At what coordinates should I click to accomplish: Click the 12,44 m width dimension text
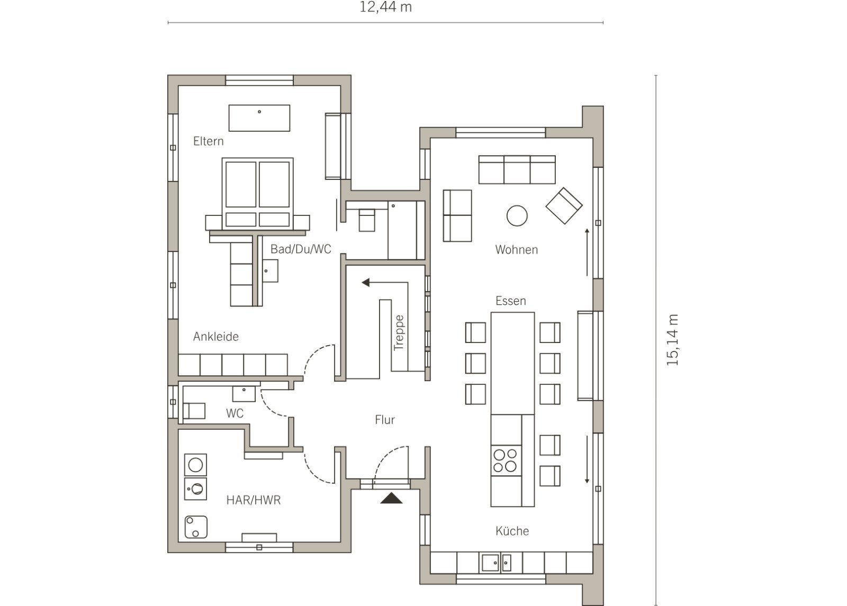pos(385,7)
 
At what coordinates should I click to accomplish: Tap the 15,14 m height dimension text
pos(673,340)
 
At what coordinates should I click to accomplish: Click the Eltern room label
pos(209,141)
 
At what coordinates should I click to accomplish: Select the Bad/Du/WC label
pos(301,249)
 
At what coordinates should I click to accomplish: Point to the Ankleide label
pos(216,337)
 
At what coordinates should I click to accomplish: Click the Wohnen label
pos(517,249)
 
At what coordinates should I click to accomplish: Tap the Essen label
pos(511,301)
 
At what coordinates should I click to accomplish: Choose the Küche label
pos(512,531)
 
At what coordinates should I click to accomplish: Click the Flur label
pos(385,420)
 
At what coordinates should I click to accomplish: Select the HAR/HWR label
pos(254,500)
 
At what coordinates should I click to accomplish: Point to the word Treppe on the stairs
pos(399,333)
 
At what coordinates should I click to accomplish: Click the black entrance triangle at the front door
pos(391,498)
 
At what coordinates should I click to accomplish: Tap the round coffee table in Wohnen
pos(517,216)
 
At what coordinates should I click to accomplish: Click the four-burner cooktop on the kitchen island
pos(506,460)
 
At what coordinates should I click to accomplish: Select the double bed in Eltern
pos(257,194)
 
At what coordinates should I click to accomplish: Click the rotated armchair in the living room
pos(564,206)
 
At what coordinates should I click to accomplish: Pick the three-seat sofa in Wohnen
pos(517,170)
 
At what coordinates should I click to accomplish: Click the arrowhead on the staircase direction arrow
pos(365,283)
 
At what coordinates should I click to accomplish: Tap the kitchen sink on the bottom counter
pos(495,563)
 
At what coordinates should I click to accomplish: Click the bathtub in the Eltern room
pos(259,118)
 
